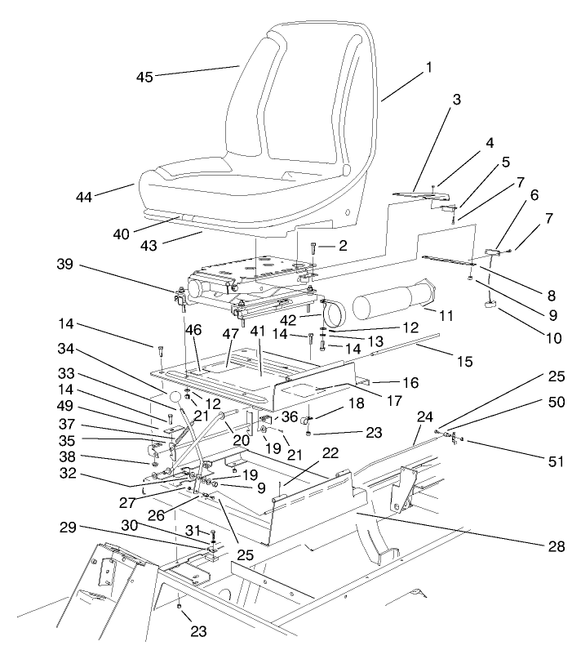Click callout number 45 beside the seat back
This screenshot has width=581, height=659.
tap(144, 77)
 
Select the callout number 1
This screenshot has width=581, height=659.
tap(428, 69)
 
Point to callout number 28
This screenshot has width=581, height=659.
tap(557, 545)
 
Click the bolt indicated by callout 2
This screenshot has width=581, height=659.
tap(313, 249)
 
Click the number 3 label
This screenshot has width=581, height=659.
tap(456, 99)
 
